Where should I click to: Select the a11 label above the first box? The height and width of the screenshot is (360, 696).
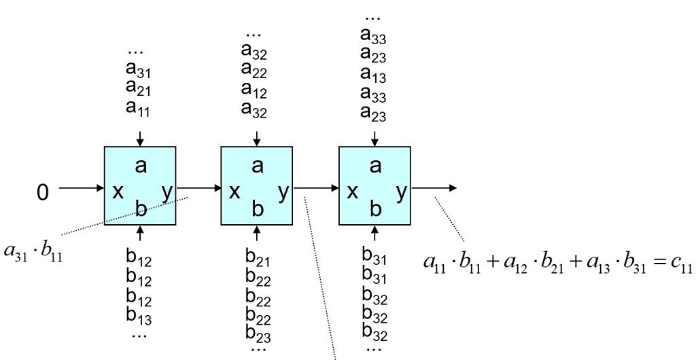139,107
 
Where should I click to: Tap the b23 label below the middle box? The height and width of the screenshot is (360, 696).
258,334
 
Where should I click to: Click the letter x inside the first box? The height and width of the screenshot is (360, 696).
118,192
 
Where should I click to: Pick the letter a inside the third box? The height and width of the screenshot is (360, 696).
375,165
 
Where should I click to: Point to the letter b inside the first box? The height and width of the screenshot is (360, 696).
141,210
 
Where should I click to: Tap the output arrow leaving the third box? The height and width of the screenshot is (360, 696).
435,187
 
